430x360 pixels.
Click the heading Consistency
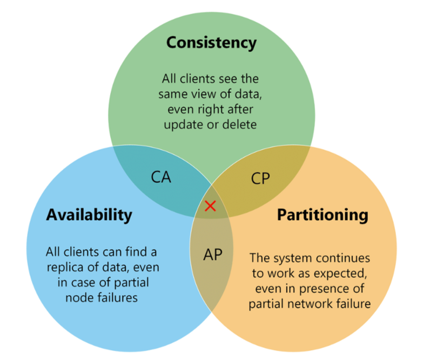coord(211,43)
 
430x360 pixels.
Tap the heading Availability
coord(89,215)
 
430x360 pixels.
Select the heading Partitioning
coord(322,215)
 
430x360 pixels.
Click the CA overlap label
coord(161,177)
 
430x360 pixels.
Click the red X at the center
coord(211,205)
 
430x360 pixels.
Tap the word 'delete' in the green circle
coord(236,125)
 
